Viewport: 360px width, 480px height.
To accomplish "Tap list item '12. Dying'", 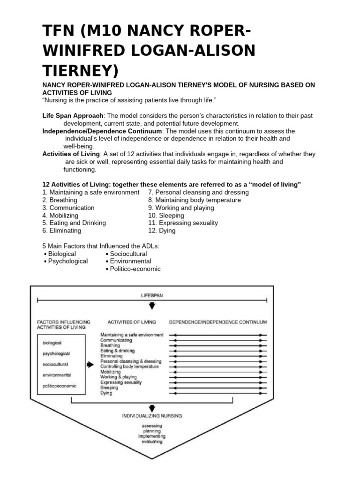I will click(162, 231).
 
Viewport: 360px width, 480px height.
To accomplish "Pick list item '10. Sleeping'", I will click(166, 216).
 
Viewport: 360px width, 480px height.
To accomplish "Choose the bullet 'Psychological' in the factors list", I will click(67, 261).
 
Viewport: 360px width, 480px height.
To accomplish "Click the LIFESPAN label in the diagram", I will click(152, 295).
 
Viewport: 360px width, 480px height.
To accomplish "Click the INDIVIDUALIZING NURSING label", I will click(152, 415).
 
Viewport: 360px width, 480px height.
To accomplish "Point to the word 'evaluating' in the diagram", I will click(152, 442).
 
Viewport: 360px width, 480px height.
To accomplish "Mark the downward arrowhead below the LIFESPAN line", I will click(152, 307).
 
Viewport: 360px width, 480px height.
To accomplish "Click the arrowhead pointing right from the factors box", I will click(90, 364).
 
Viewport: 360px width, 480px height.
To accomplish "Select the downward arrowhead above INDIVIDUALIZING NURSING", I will click(152, 407).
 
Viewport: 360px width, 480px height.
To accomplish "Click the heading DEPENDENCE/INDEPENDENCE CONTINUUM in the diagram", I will click(218, 322).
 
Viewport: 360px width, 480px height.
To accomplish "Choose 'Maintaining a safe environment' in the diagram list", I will click(132, 335).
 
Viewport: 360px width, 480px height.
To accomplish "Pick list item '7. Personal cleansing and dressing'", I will click(198, 193).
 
